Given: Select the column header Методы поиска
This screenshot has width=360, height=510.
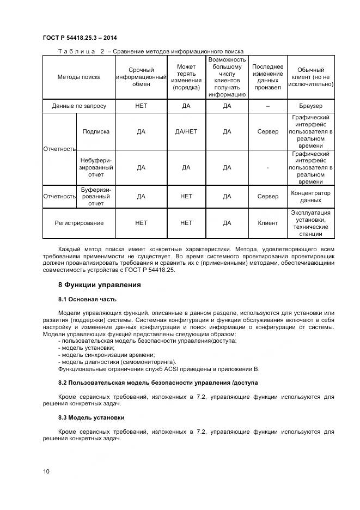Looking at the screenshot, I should [79, 77].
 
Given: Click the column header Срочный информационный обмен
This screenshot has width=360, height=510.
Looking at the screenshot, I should [141, 77].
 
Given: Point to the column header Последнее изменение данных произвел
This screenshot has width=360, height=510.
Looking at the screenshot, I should [267, 77].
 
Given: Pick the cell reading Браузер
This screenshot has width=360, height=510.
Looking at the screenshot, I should [310, 106].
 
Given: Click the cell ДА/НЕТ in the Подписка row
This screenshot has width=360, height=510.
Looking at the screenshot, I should [186, 131].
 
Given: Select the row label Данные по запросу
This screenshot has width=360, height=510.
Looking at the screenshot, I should [79, 106].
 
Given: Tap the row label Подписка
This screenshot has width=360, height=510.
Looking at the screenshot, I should [96, 131].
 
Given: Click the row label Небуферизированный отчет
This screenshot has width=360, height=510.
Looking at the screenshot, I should [96, 167].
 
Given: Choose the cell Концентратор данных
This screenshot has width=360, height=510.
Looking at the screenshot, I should [310, 196].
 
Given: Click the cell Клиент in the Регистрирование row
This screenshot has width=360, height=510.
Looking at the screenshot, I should [267, 223].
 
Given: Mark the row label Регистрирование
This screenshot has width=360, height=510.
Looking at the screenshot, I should [79, 223].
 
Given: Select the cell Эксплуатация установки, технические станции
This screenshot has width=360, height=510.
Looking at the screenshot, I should [310, 223].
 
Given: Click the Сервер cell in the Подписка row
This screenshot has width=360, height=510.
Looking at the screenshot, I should [267, 131].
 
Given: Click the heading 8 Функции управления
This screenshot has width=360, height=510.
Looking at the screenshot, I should [99, 284].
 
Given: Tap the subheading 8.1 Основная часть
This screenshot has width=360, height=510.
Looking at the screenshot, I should [87, 299].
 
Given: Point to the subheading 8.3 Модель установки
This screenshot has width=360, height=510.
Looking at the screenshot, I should [91, 417].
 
